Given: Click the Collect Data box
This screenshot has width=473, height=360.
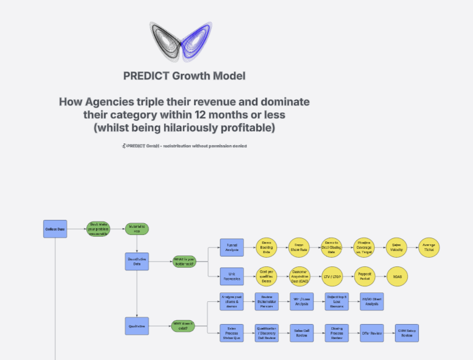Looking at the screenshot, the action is point(55,229).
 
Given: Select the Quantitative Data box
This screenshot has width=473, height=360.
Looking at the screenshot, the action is point(137,261).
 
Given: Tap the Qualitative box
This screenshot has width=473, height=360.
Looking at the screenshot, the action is point(137,326).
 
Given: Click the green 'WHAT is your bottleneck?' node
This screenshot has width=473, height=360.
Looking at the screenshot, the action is point(184,261).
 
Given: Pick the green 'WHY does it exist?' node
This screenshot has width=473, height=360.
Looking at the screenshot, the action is point(183,327).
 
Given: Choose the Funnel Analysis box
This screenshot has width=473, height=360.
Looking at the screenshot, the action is point(232,248).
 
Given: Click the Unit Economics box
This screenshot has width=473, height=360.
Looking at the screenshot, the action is point(232,275).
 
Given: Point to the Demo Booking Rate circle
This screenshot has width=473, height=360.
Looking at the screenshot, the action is point(266,248).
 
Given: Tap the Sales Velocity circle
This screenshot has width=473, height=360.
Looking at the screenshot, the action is point(396,248).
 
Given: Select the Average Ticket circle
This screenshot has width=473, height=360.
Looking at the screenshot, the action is point(429,248).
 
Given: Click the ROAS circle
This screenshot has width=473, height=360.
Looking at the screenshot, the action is point(396,276).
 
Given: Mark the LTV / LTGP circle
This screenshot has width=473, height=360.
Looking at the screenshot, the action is point(332,276).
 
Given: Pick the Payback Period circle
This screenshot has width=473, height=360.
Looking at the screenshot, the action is point(364,276).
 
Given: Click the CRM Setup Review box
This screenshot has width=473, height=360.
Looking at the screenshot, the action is point(407,333).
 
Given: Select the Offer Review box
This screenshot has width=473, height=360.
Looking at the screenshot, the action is point(372,333).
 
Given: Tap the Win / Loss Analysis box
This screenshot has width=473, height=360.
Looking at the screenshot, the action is point(301,301).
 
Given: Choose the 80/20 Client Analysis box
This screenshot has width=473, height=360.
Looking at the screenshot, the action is point(371,301).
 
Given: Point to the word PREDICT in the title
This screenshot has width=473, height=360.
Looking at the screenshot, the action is point(144,76).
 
